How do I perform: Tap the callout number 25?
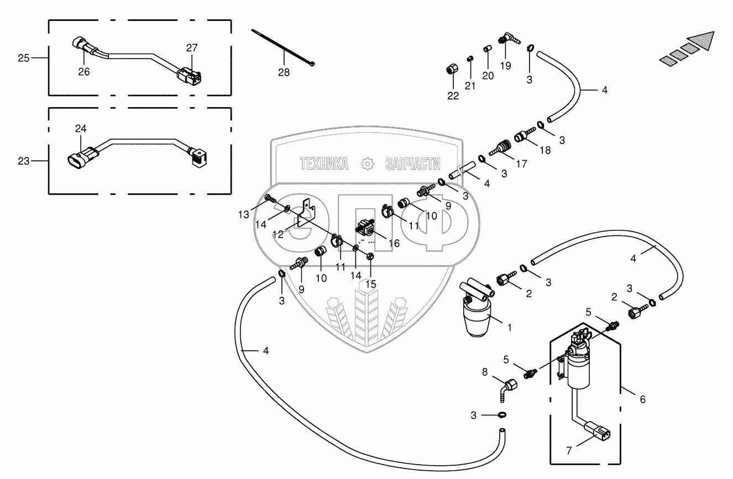pyautogui.click(x=24, y=57)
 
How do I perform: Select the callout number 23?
pyautogui.click(x=24, y=161)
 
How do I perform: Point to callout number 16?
pyautogui.click(x=394, y=243)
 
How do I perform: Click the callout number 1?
pyautogui.click(x=509, y=327)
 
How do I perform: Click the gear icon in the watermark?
pyautogui.click(x=366, y=164)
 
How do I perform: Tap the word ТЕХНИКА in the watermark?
pyautogui.click(x=324, y=164)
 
